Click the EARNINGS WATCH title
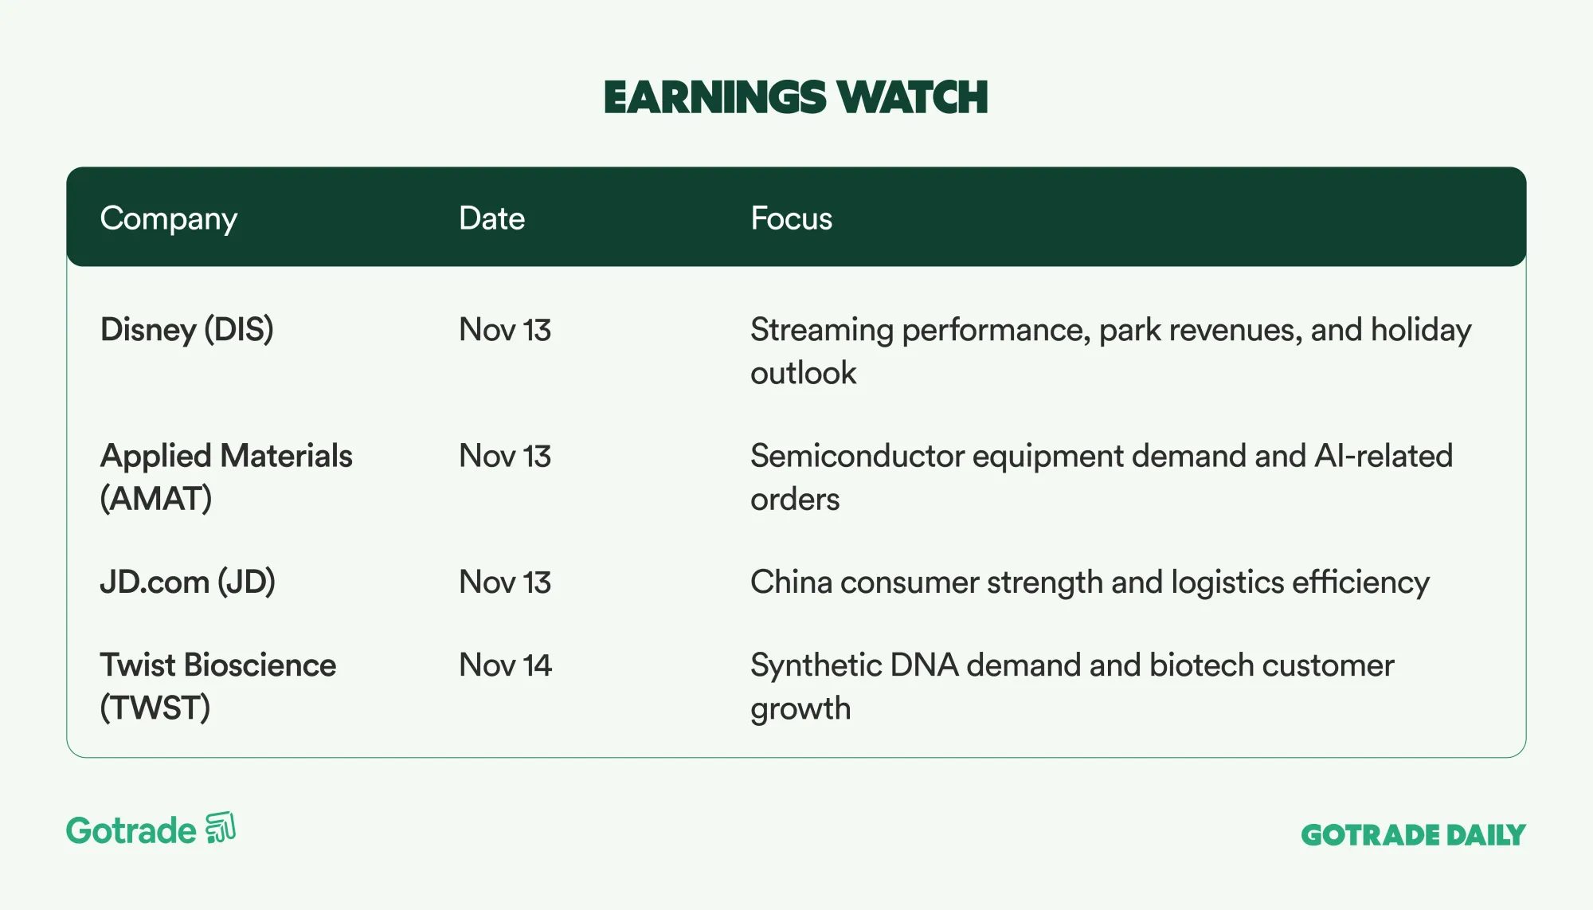[x=796, y=97]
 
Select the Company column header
[x=169, y=219]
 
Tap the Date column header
[x=491, y=218]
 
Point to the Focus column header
[x=791, y=218]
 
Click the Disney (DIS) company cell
[x=187, y=330]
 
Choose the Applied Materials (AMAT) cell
[x=226, y=477]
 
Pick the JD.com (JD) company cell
[x=188, y=582]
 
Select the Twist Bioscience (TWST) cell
[x=218, y=686]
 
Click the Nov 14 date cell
[x=505, y=665]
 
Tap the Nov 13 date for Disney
[x=505, y=330]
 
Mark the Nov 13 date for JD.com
[x=505, y=582]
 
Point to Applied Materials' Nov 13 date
[x=505, y=457]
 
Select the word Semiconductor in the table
[x=857, y=457]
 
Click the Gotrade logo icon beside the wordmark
[x=221, y=828]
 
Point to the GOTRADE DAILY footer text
[x=1413, y=835]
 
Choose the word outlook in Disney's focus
[x=803, y=373]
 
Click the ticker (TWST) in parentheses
[x=155, y=708]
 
